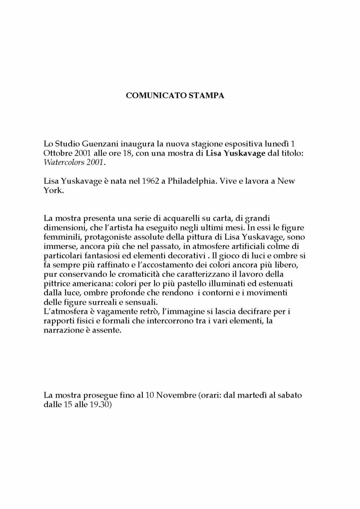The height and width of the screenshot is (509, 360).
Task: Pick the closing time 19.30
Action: pos(99,405)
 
